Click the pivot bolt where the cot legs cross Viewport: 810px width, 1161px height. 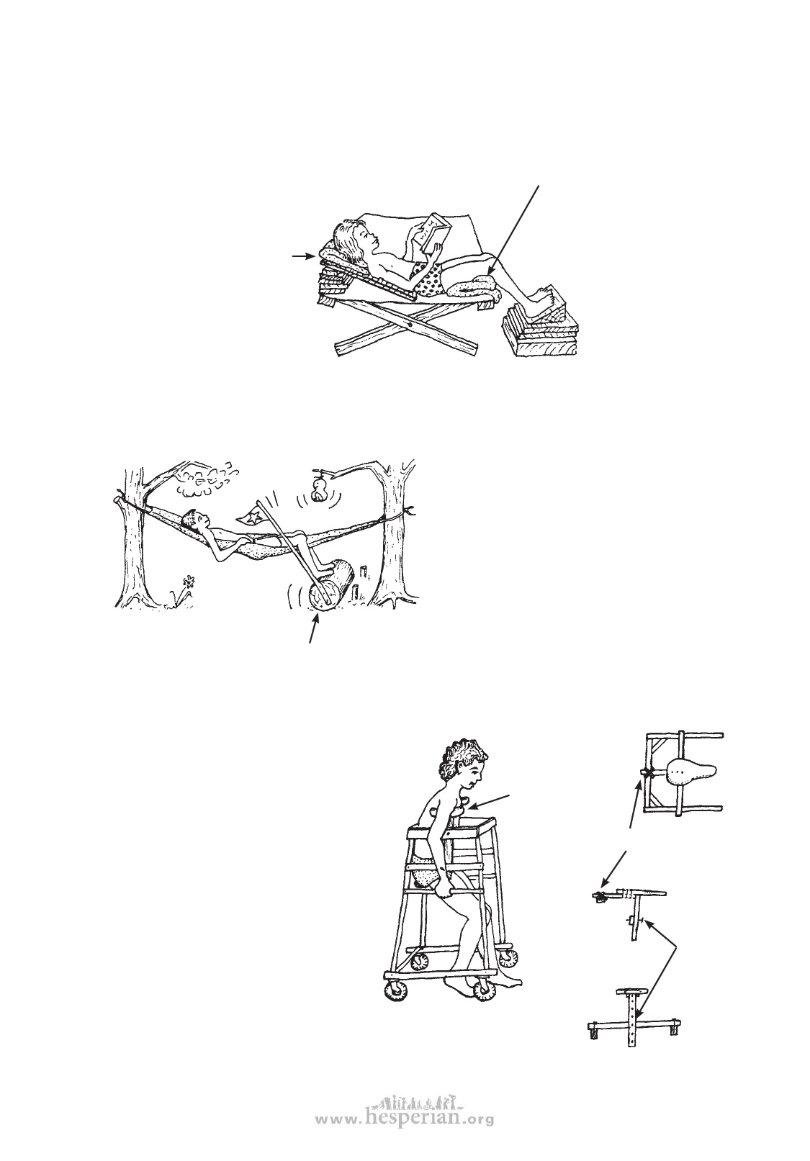410,325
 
